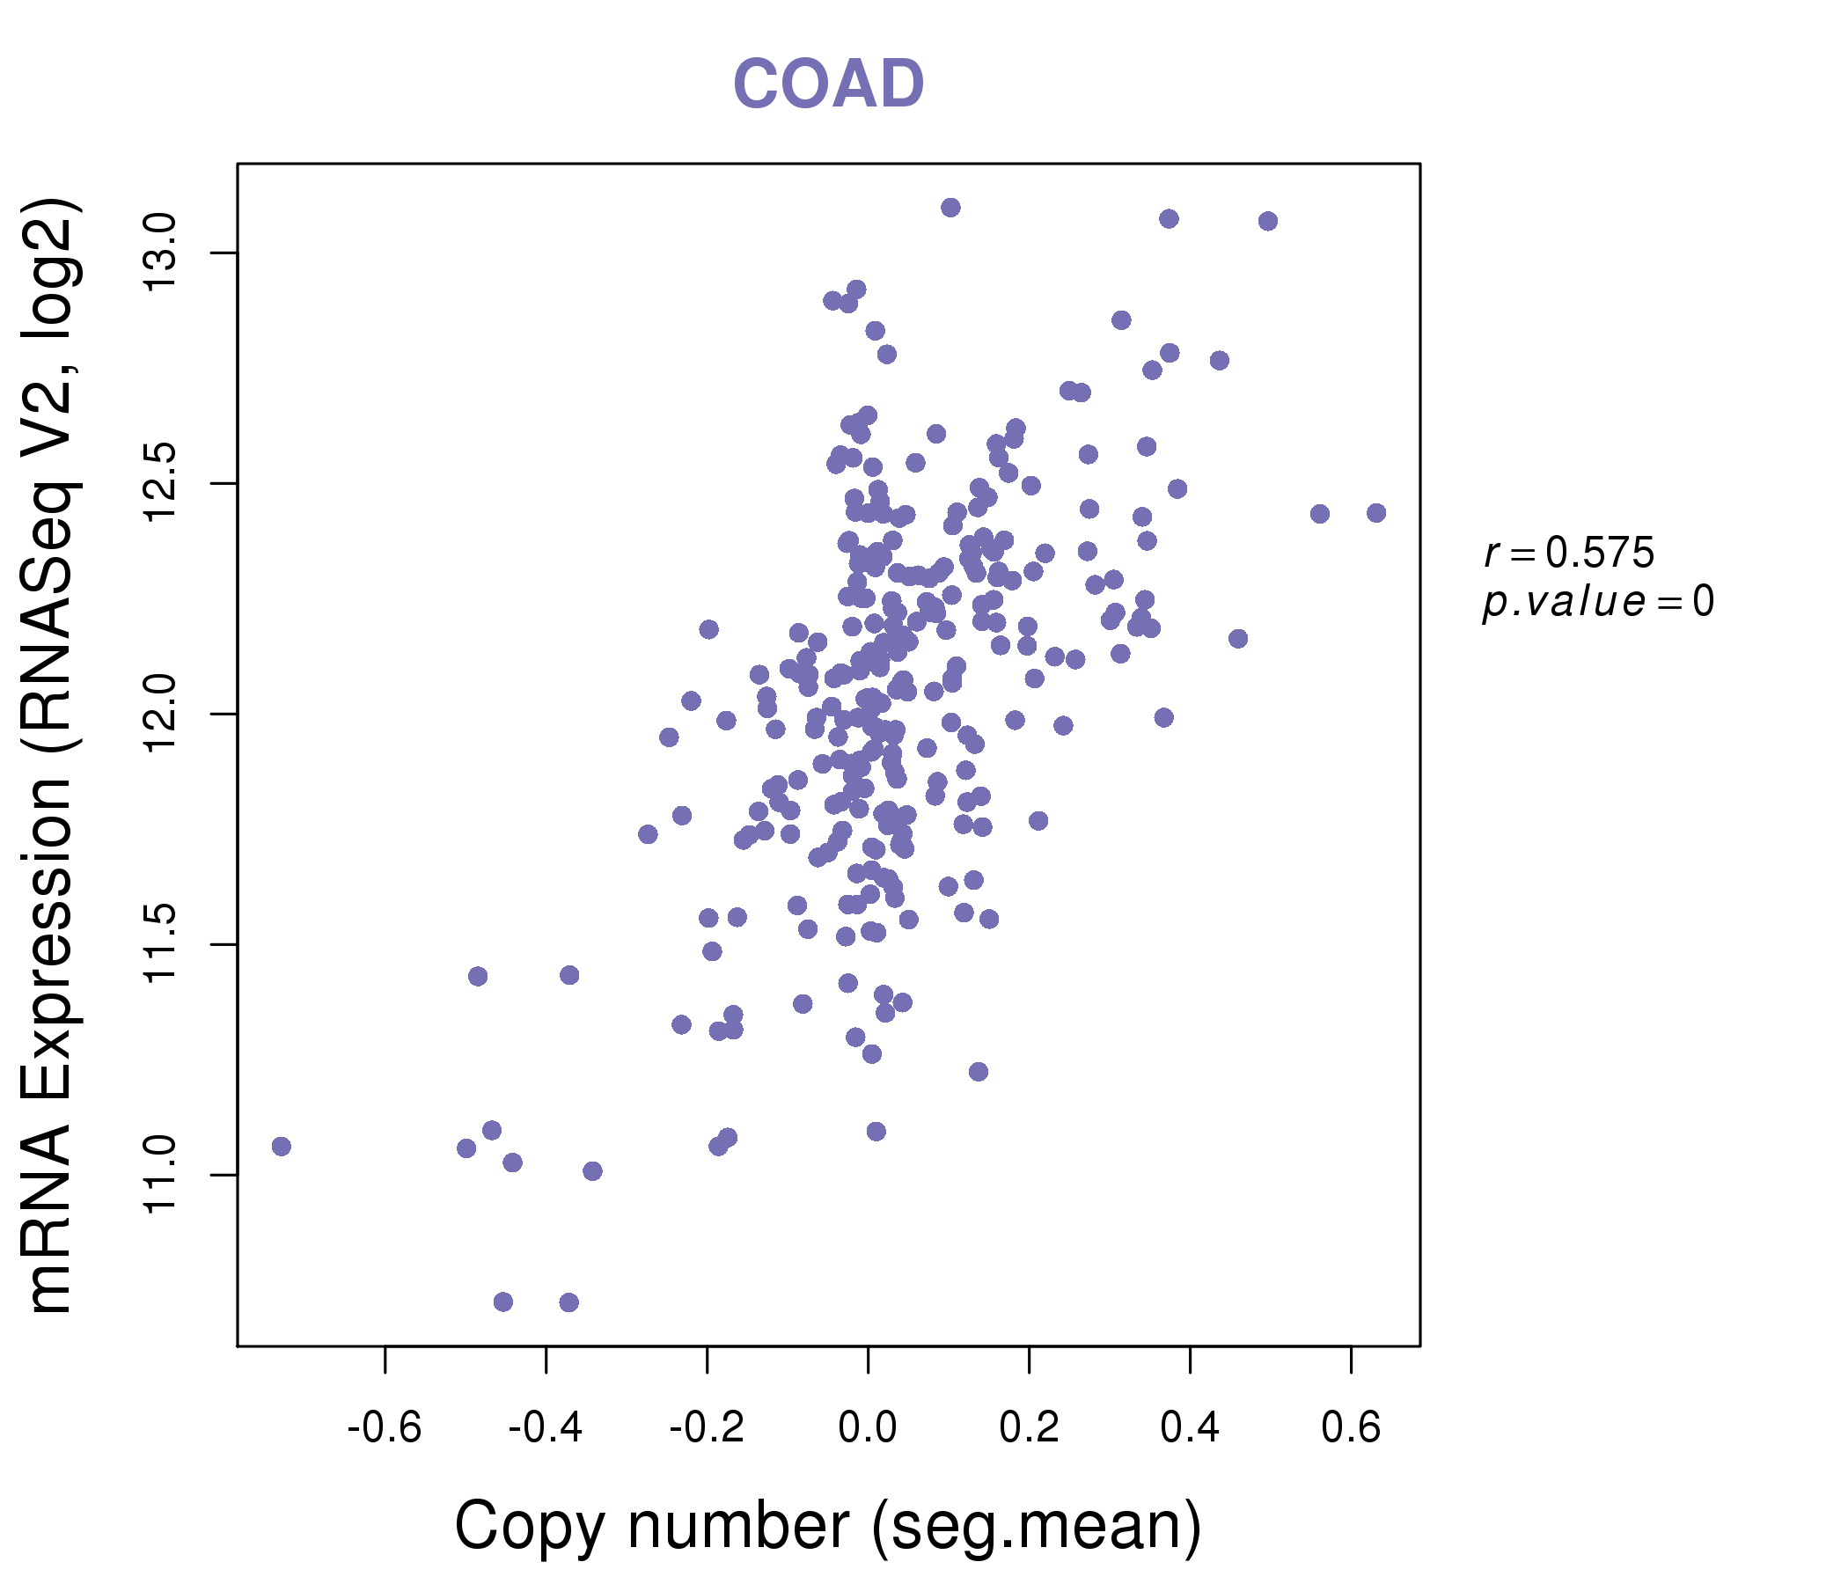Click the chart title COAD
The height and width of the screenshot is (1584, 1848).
(x=828, y=84)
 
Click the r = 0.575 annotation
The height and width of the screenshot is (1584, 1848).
(x=1569, y=554)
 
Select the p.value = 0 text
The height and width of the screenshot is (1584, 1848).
(x=1597, y=602)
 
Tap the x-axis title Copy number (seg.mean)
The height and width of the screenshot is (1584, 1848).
(x=828, y=1526)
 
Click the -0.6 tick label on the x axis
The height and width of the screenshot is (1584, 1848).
(x=385, y=1428)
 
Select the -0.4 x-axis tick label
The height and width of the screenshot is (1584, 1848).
(x=545, y=1428)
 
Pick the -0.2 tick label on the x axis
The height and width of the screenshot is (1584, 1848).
(x=707, y=1428)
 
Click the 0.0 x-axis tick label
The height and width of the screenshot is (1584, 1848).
(x=868, y=1428)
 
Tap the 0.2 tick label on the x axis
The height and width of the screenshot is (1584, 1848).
(x=1030, y=1428)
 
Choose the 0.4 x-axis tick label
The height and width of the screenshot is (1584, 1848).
(x=1190, y=1428)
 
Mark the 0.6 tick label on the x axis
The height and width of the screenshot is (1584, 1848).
(x=1351, y=1428)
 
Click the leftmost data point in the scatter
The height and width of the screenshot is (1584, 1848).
(x=281, y=1146)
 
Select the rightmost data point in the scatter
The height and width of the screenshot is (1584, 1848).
(x=1376, y=513)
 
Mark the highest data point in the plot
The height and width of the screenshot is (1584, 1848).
(x=950, y=208)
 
